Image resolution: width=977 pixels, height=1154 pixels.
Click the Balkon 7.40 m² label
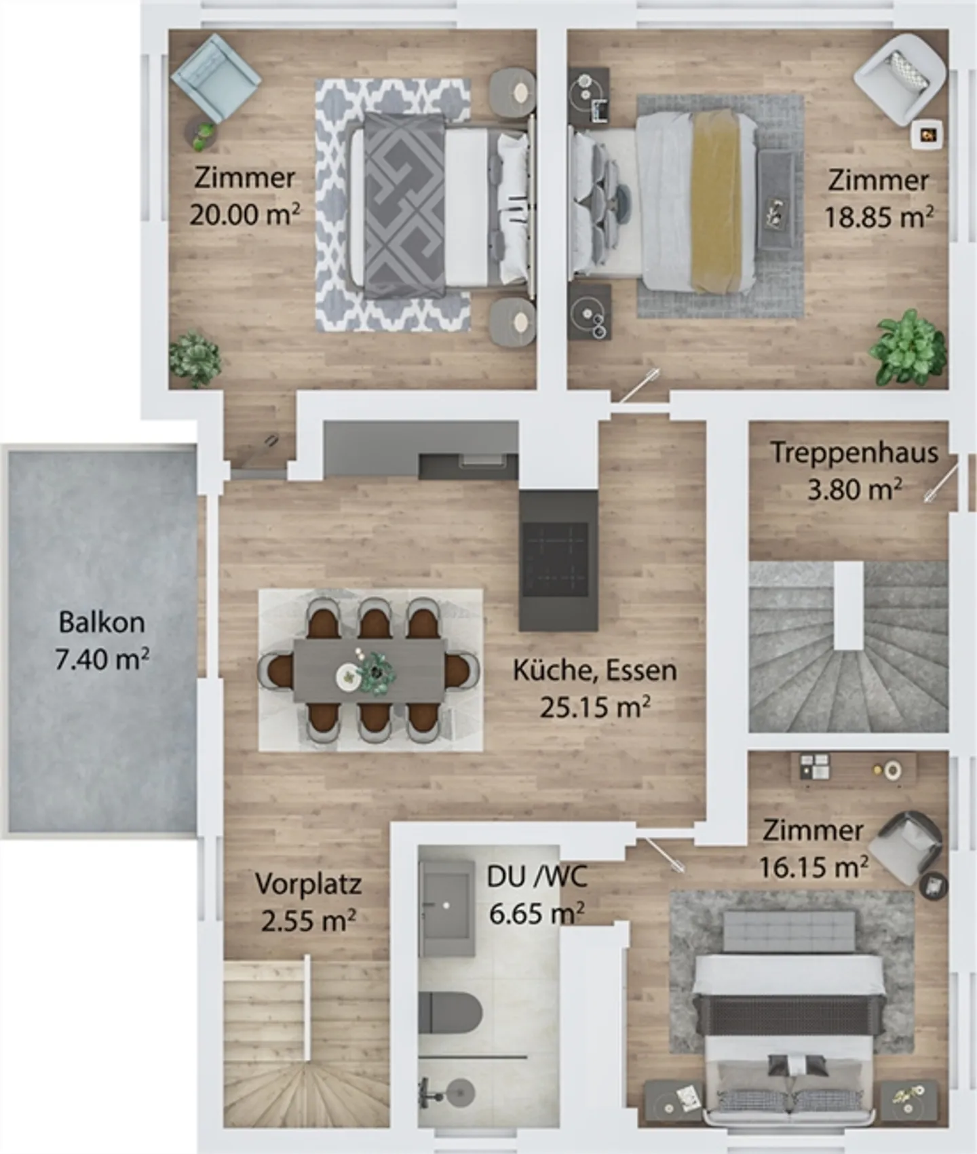[x=102, y=640]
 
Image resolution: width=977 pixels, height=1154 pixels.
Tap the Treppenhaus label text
[x=854, y=453]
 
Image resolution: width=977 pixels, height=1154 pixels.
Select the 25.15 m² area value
[x=594, y=707]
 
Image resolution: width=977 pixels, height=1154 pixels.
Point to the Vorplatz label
[x=308, y=884]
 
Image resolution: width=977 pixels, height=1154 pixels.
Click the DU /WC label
[x=536, y=877]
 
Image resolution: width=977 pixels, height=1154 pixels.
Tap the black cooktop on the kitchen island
[x=556, y=559]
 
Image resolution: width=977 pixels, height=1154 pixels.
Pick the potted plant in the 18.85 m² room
[x=908, y=348]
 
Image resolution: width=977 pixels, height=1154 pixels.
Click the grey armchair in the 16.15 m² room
[x=905, y=847]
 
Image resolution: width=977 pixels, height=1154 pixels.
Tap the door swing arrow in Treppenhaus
[x=942, y=482]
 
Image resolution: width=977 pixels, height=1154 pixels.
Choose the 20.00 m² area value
[x=244, y=215]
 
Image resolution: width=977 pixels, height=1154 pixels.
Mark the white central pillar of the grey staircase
[x=848, y=605]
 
